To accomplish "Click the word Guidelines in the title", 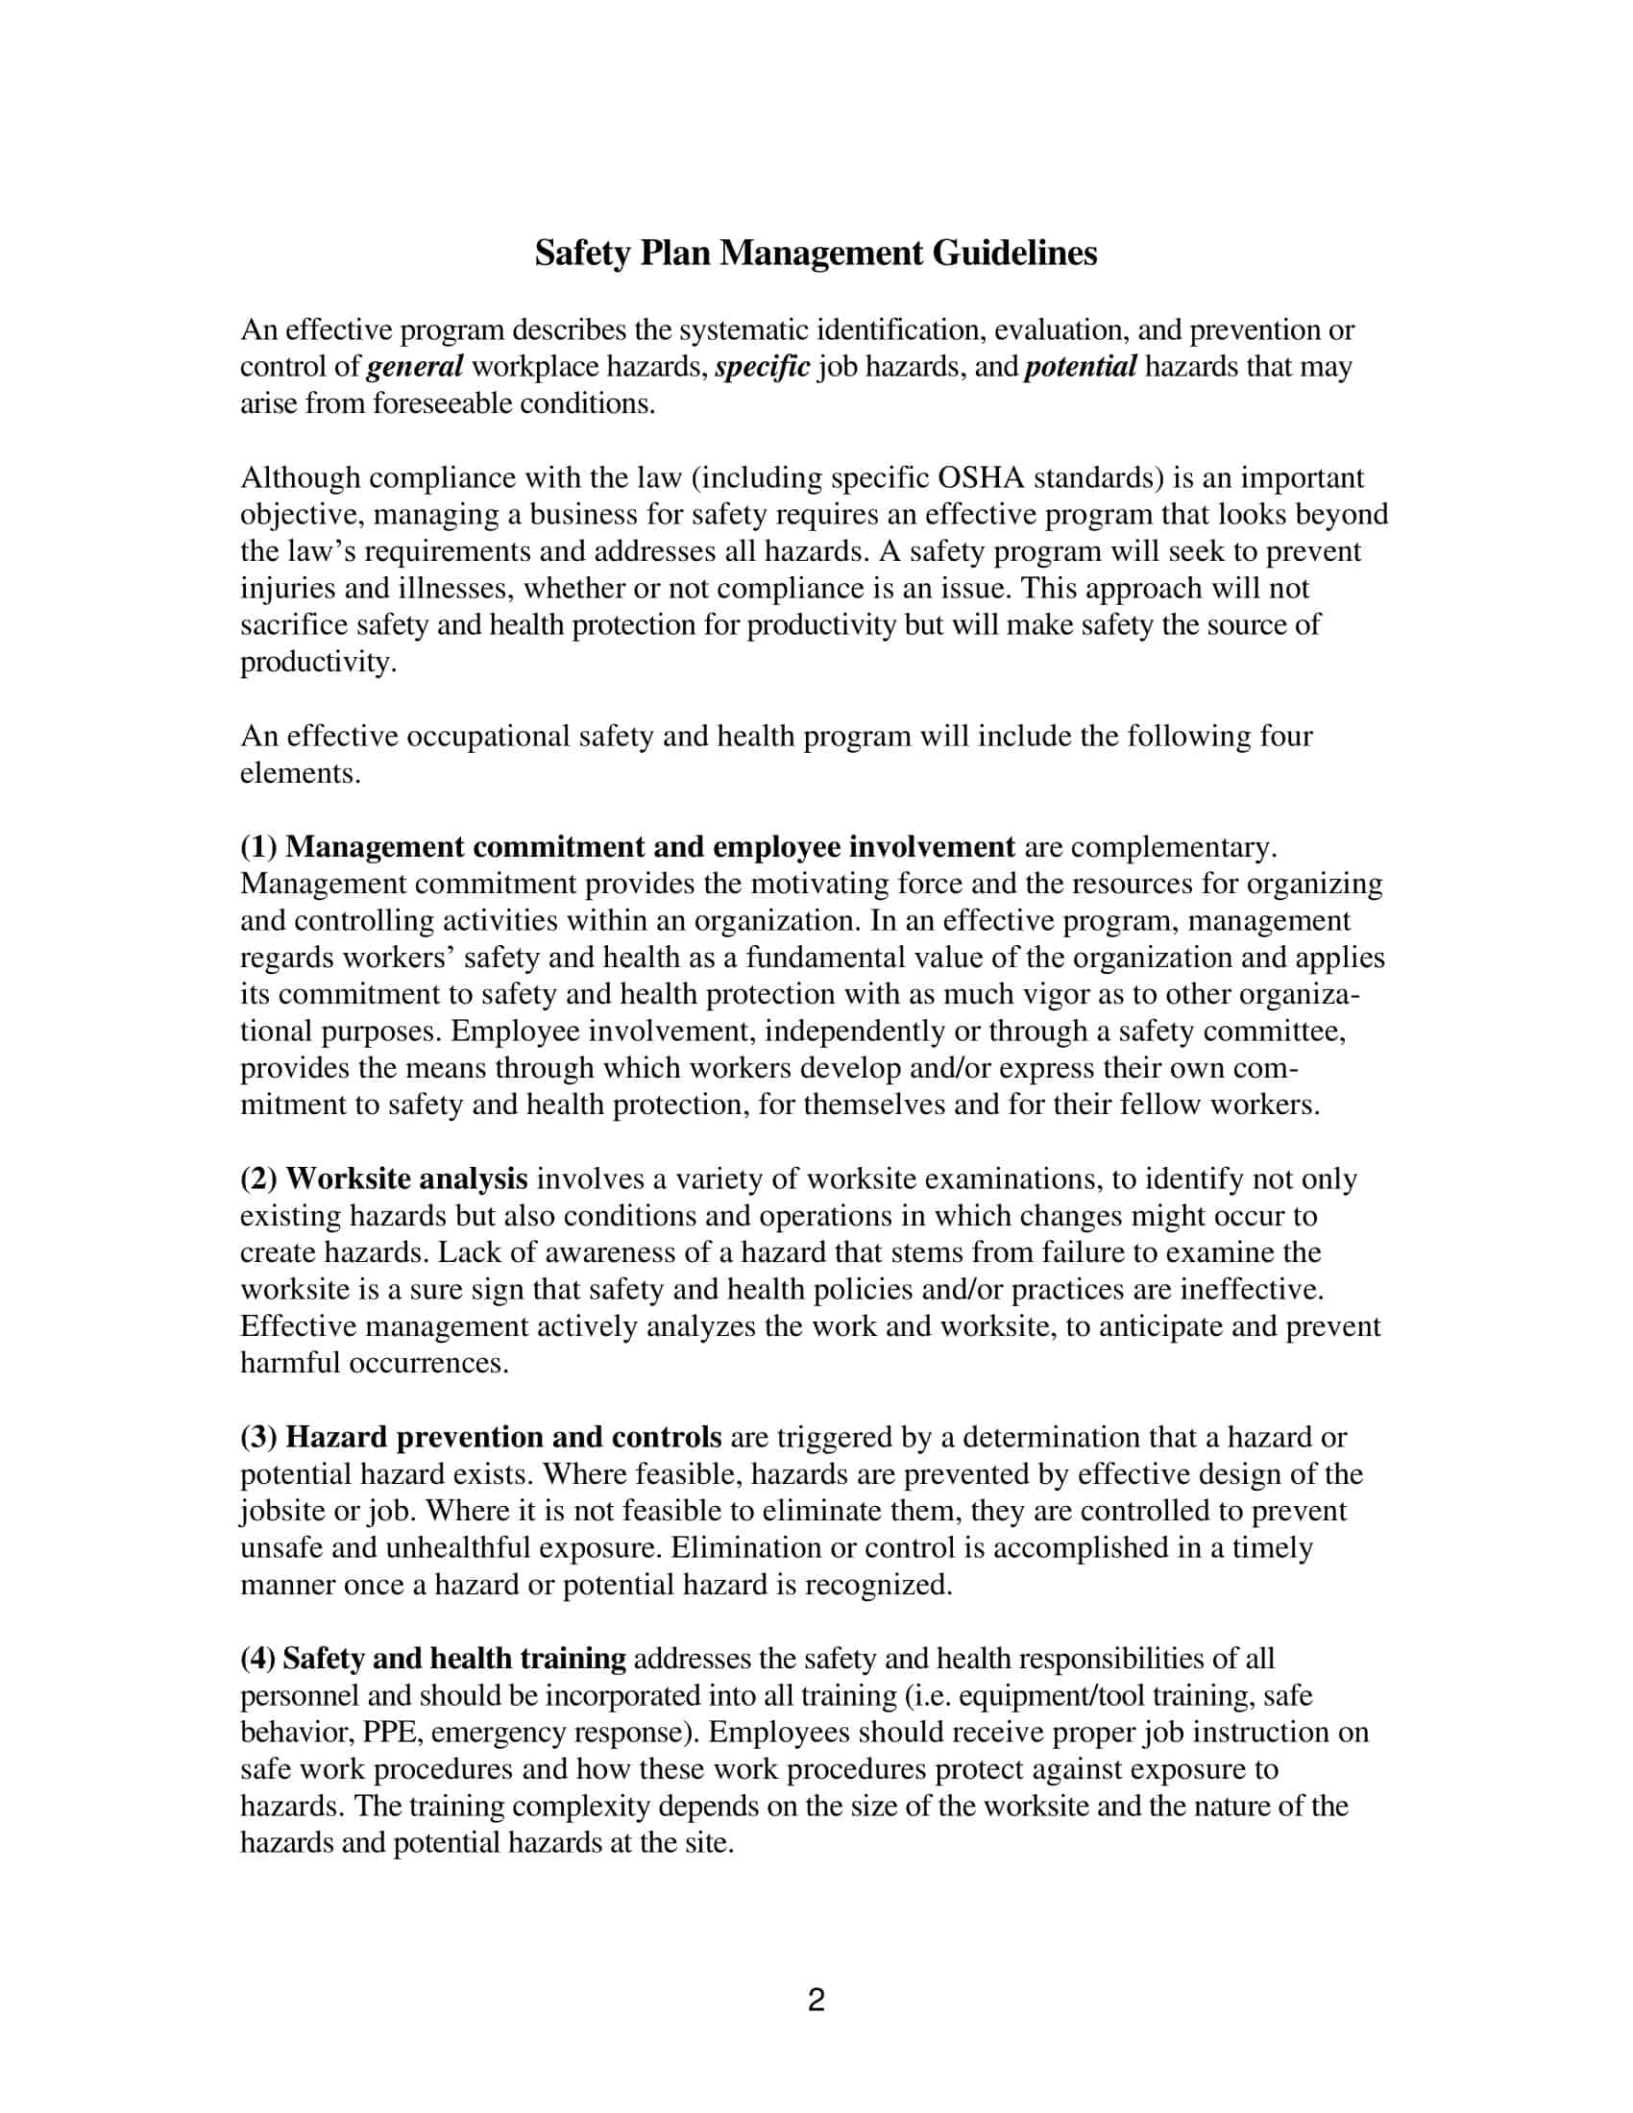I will click(1013, 254).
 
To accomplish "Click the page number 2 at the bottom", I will click(816, 2000).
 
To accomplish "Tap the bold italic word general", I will click(415, 368).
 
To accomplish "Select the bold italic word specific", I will click(763, 368).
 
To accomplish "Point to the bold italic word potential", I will click(1080, 368).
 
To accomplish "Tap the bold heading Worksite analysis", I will click(406, 1179).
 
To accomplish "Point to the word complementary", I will click(1174, 847).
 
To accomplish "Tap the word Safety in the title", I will click(583, 254).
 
